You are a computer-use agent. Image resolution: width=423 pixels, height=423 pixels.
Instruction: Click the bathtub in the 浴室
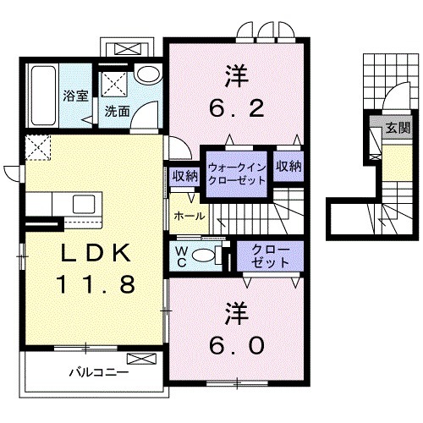(x=43, y=96)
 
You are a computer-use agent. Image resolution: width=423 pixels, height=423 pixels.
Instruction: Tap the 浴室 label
(x=76, y=96)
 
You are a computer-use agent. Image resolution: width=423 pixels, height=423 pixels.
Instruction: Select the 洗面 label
(x=118, y=112)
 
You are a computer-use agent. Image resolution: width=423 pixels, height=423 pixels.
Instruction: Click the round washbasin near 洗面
(x=148, y=74)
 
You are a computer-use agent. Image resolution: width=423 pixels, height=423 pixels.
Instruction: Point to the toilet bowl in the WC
(x=203, y=255)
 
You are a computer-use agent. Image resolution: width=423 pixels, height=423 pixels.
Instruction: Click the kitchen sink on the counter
(x=84, y=205)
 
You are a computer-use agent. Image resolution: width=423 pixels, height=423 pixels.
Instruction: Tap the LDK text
(x=96, y=253)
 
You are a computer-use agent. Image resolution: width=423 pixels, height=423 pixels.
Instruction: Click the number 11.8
(x=96, y=284)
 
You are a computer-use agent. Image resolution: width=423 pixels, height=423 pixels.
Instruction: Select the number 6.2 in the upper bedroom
(x=237, y=108)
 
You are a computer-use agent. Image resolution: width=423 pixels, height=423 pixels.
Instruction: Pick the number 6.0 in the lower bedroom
(x=237, y=346)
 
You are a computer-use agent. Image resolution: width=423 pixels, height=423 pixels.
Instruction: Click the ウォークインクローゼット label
(x=236, y=173)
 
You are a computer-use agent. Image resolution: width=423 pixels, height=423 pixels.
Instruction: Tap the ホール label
(x=190, y=217)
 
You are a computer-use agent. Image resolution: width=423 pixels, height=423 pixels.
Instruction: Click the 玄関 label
(x=398, y=128)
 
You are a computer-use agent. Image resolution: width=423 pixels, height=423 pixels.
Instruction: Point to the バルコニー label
(x=99, y=372)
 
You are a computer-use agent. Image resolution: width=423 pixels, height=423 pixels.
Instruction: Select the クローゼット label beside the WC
(x=270, y=256)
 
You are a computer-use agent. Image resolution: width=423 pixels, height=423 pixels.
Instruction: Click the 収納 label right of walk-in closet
(x=288, y=167)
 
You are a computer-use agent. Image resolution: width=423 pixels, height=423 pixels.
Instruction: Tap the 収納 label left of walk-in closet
(x=184, y=177)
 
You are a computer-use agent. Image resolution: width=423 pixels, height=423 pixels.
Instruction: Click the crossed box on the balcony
(x=141, y=359)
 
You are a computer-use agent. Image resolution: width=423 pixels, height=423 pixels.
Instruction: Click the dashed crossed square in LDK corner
(x=38, y=147)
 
